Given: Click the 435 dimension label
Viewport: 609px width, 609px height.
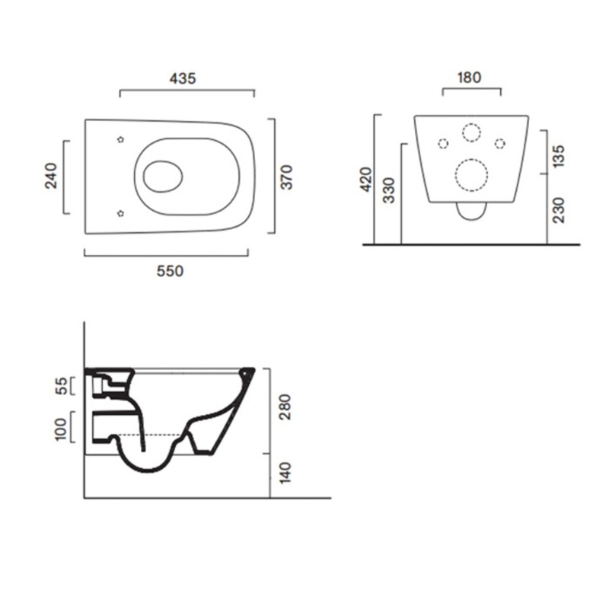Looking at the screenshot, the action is [x=183, y=79].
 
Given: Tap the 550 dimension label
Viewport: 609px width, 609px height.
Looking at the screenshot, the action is [x=170, y=271].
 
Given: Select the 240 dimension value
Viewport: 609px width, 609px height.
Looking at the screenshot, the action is [x=51, y=176].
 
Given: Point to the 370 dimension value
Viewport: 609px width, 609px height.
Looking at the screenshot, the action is [x=287, y=177].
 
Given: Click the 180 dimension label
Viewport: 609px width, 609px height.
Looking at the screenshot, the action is [x=470, y=78].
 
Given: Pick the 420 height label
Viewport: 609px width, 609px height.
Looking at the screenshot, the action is [x=366, y=180].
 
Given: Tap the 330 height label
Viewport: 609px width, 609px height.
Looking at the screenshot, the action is [x=389, y=190].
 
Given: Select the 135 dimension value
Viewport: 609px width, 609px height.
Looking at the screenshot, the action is [x=559, y=156].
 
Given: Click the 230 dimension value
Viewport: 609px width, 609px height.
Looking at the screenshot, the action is [x=559, y=210].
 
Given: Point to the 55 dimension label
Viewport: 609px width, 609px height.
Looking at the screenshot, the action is [x=62, y=386].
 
